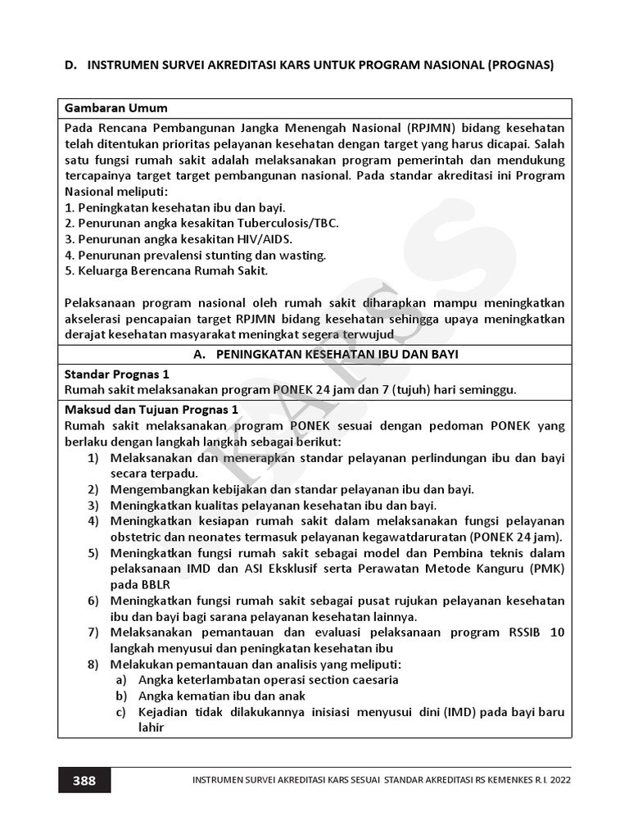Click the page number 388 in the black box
(84, 780)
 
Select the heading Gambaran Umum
(115, 108)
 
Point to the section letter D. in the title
(71, 65)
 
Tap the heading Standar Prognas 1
(116, 374)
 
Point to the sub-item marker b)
(121, 695)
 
